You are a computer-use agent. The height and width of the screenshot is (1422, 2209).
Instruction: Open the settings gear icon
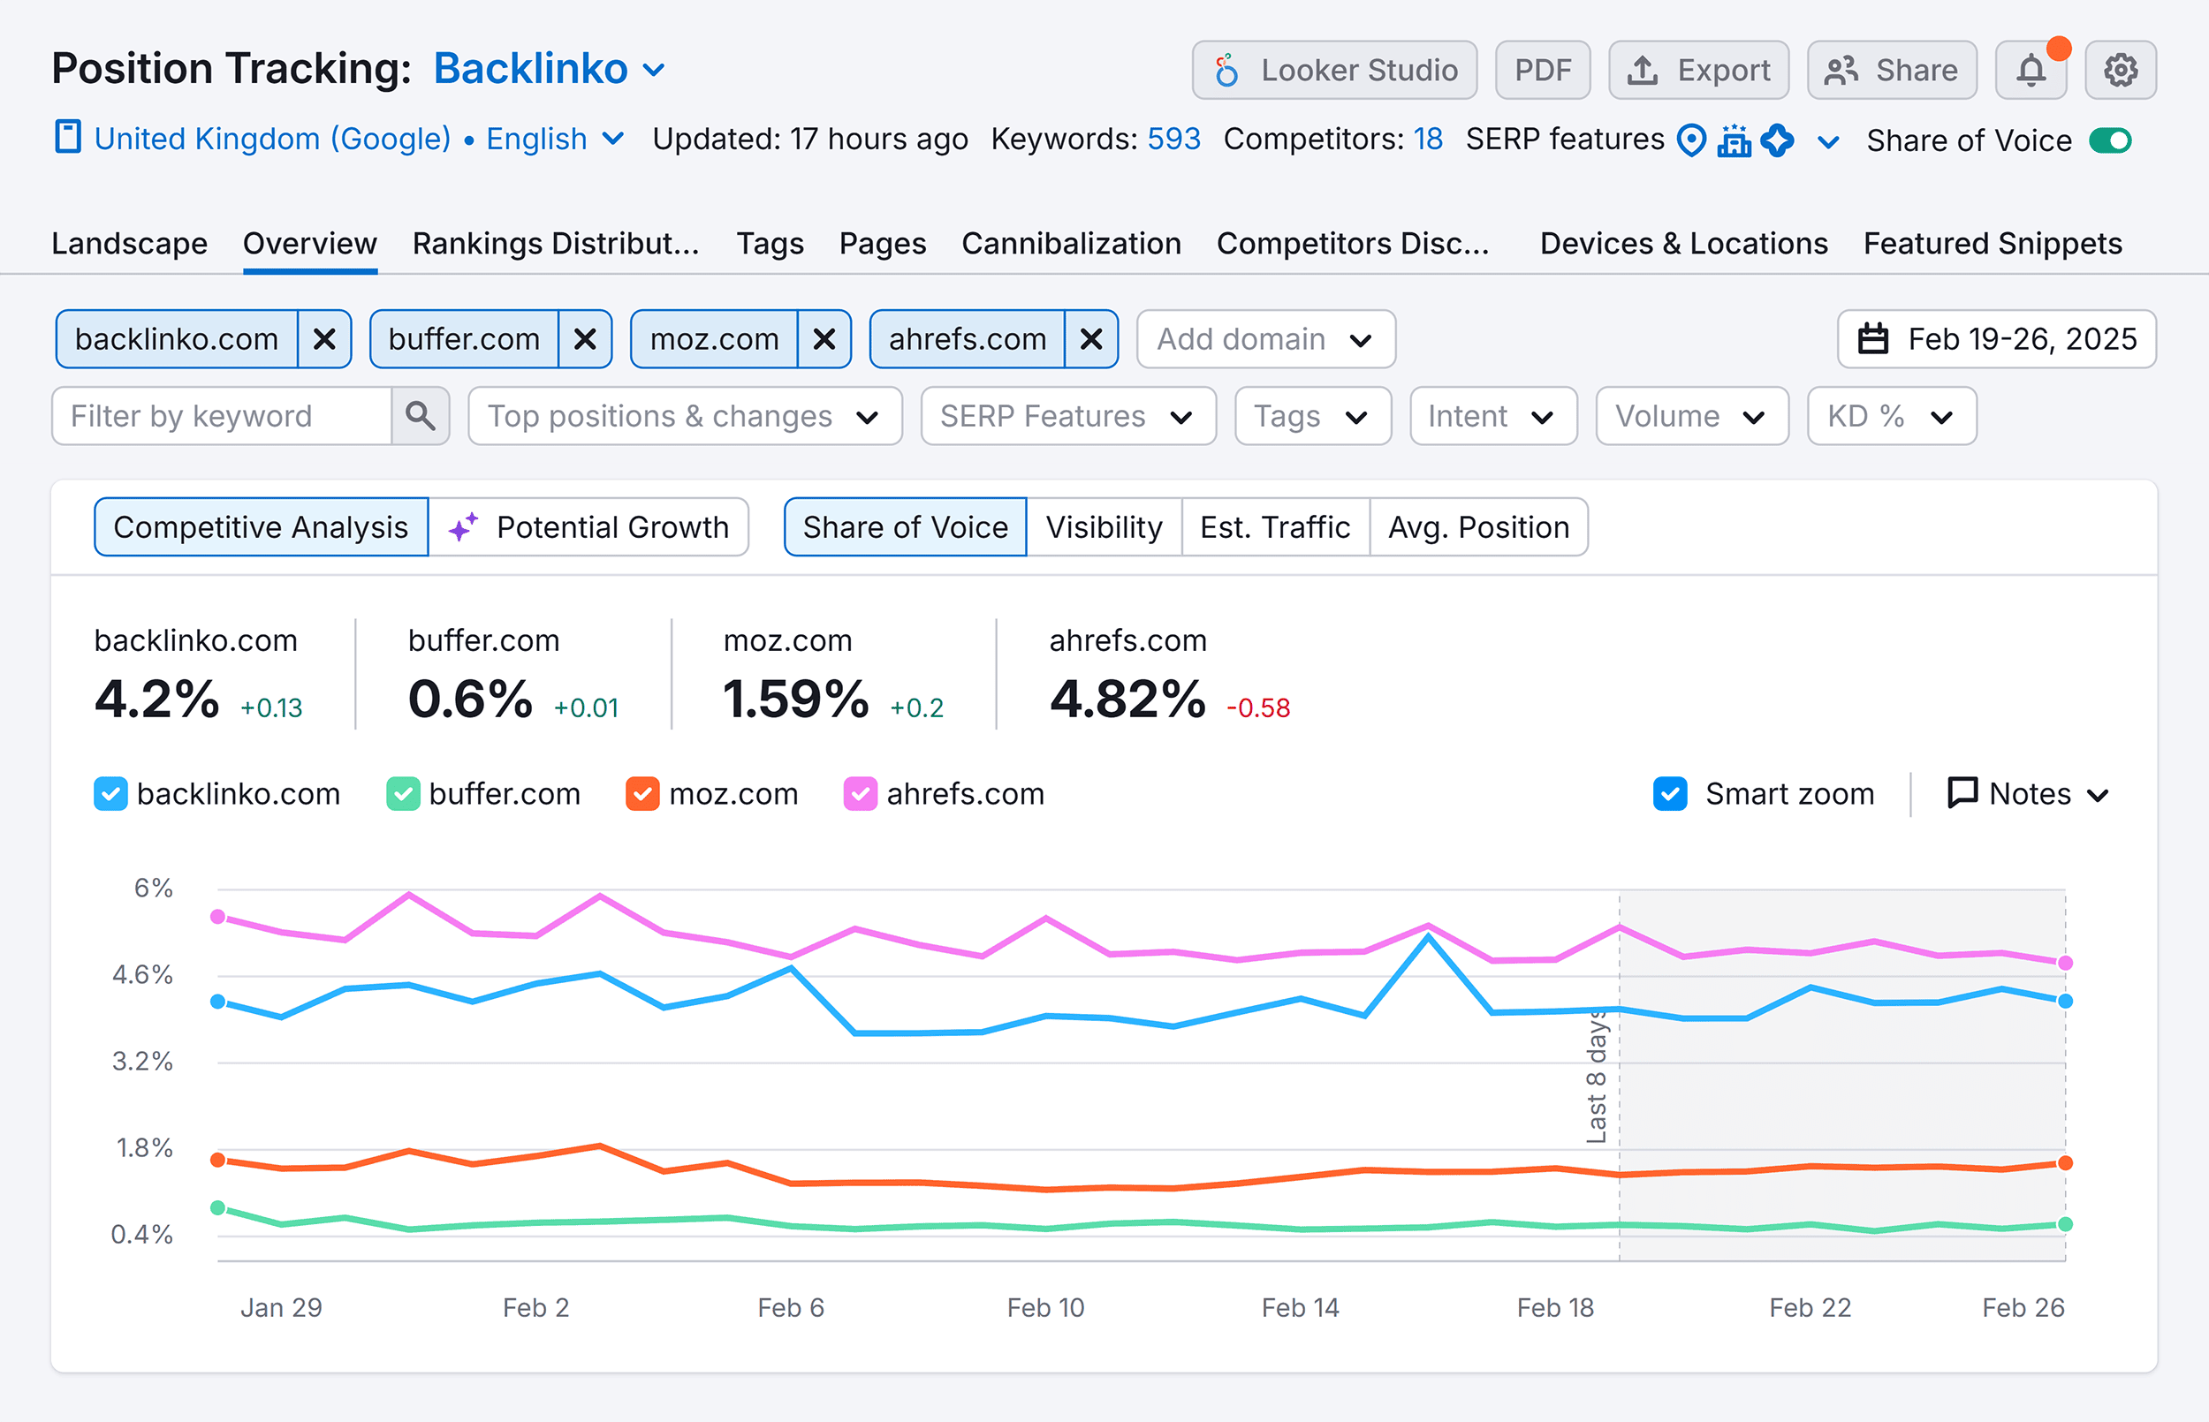[2121, 70]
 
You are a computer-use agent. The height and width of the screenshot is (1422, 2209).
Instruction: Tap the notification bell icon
[2031, 70]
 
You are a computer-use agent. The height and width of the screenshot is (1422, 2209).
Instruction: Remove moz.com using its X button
[824, 339]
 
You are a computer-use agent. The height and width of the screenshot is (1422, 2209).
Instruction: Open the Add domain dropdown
[1264, 339]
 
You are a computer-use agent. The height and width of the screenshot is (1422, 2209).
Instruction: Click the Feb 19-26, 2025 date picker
[1997, 339]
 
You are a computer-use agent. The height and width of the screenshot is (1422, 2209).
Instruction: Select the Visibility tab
[1104, 527]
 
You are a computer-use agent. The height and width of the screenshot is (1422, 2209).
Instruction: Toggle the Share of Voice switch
[2110, 140]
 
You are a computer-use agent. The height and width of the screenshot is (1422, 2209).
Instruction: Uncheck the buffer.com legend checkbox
[403, 794]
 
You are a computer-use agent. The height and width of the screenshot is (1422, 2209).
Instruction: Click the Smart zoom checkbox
[1670, 794]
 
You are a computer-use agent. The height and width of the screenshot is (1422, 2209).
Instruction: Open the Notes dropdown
[2029, 794]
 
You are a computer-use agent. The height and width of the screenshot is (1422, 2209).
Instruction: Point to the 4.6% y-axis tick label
[143, 975]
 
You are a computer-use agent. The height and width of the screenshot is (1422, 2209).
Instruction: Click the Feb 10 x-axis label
[1045, 1307]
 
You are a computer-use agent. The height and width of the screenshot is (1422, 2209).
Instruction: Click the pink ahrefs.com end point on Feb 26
[2066, 963]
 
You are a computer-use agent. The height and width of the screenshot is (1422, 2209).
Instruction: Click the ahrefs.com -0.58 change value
[1257, 708]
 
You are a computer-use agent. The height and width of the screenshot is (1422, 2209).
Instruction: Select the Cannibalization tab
[1071, 244]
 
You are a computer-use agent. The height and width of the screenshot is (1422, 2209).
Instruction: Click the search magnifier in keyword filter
[421, 417]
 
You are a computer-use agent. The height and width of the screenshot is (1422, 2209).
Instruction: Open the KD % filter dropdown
[1890, 417]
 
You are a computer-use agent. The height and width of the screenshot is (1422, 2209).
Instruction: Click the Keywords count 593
[1173, 140]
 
